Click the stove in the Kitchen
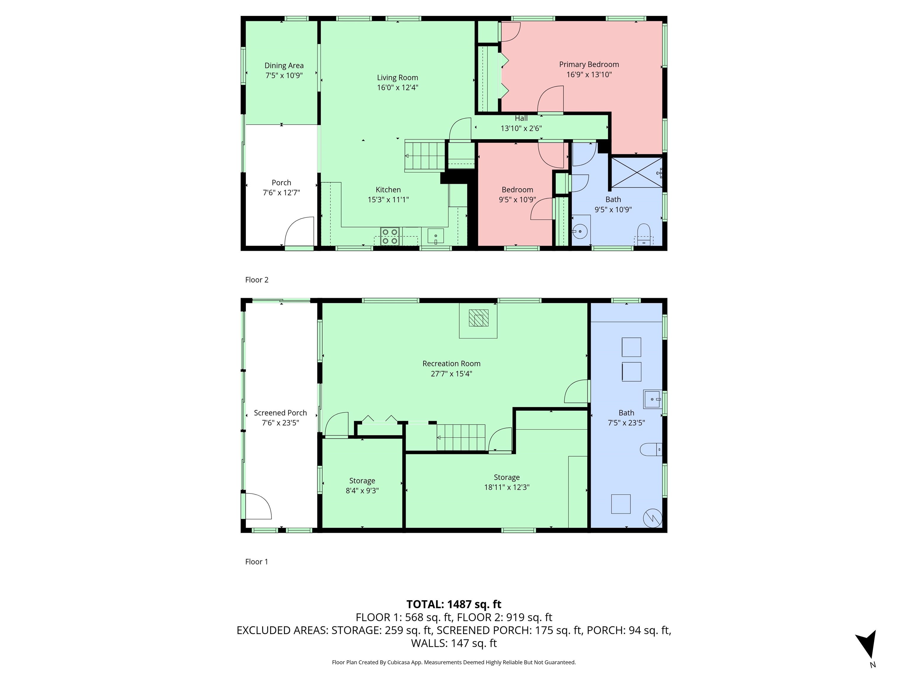(x=390, y=237)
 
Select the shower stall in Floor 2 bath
(x=637, y=172)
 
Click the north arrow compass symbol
(x=867, y=644)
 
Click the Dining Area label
(x=284, y=66)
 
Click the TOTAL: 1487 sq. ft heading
(x=454, y=604)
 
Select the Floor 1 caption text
(x=257, y=562)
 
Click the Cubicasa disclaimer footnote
(x=454, y=662)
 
